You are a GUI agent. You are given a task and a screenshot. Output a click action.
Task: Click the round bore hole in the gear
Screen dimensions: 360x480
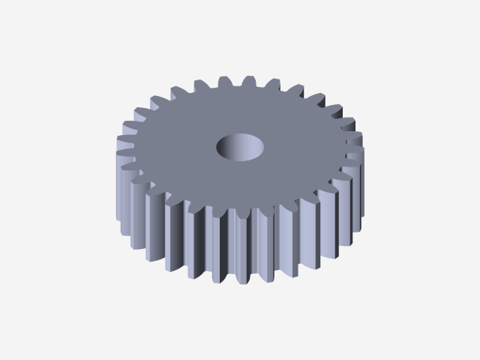point(240,147)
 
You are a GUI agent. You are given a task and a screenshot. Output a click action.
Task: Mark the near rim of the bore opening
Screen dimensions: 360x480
point(240,159)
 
